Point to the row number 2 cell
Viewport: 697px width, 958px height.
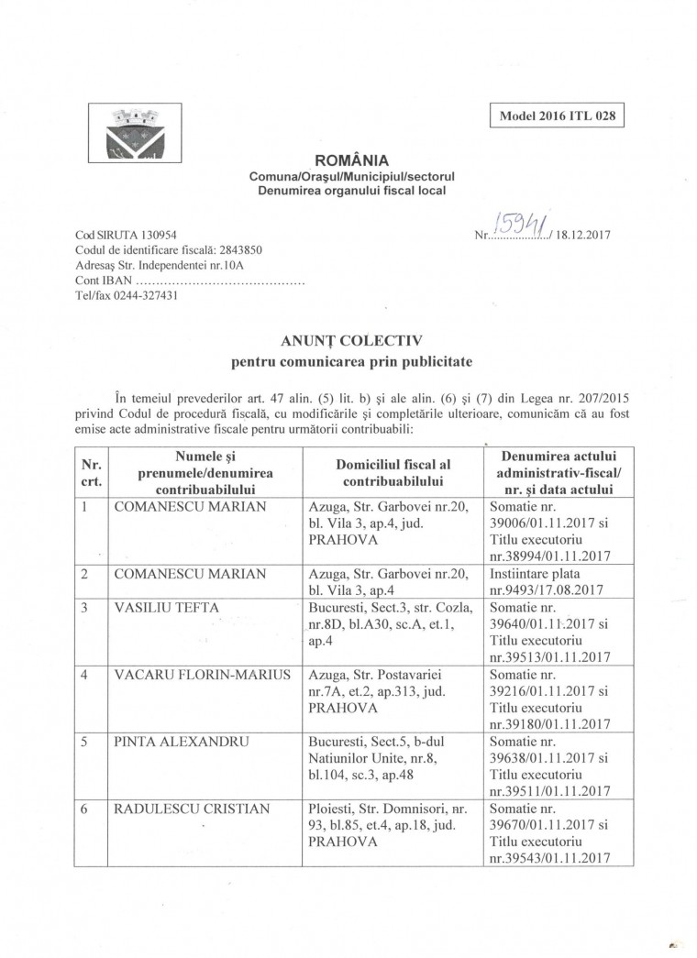pyautogui.click(x=84, y=574)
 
